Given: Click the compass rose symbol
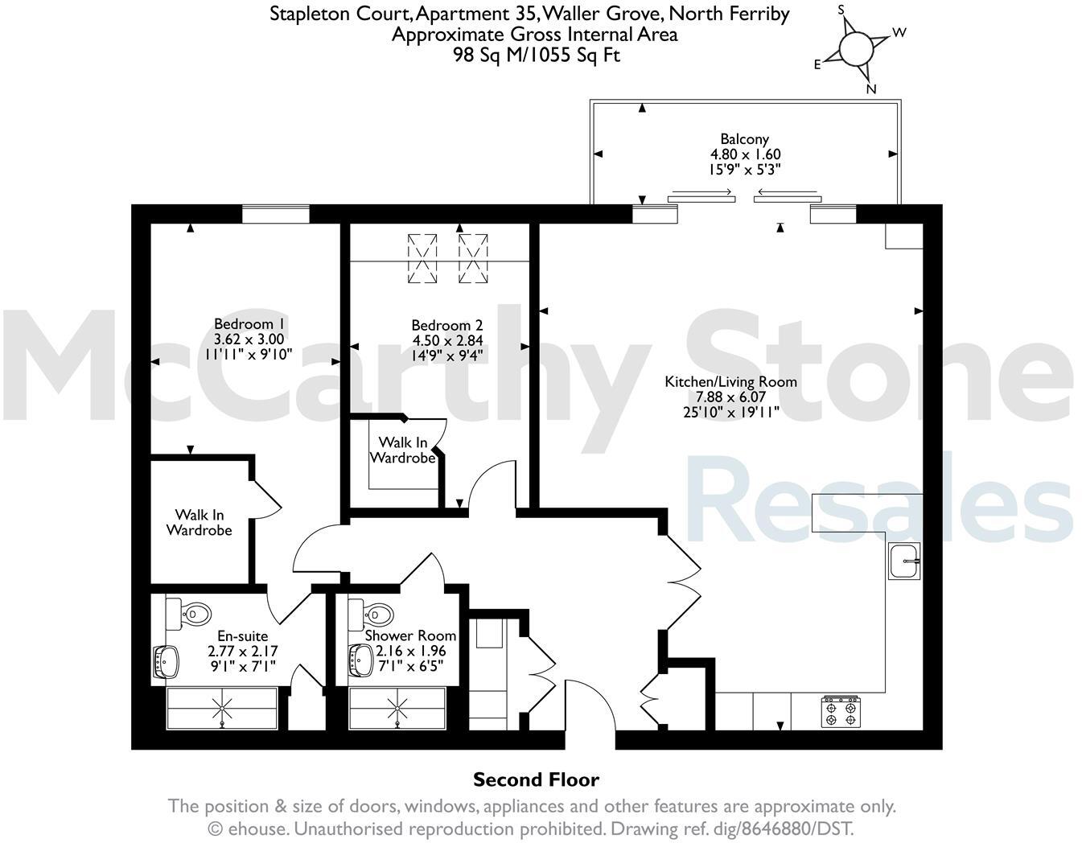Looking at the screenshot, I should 856,47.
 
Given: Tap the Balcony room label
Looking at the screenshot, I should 744,139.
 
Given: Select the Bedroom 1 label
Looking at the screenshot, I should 244,324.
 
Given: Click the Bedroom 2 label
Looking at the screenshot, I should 446,326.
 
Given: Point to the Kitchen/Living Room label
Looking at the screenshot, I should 730,382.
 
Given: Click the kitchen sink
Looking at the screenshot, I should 905,561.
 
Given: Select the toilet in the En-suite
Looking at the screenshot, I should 188,615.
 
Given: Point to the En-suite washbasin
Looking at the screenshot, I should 166,661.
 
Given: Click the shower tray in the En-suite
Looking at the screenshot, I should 222,709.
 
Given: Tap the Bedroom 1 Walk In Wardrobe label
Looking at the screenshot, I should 200,523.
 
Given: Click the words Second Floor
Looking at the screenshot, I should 536,779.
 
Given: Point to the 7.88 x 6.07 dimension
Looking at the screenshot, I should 730,397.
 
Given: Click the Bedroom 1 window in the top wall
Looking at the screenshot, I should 276,213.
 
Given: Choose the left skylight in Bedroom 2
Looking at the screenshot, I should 422,258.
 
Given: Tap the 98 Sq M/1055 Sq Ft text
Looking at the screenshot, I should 537,55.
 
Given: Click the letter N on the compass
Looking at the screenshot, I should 870,89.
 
